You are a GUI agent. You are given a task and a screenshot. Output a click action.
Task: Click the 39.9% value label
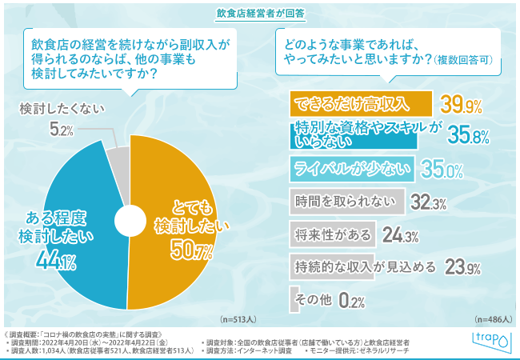click(462, 105)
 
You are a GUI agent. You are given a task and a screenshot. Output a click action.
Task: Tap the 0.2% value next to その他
click(352, 302)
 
